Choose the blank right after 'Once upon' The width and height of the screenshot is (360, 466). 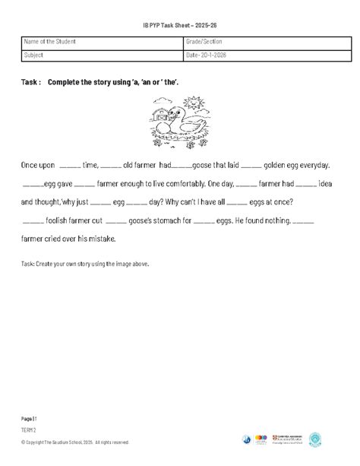(68, 165)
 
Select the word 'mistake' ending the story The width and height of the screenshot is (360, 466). (96, 239)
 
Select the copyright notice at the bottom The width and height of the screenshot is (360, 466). (75, 442)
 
